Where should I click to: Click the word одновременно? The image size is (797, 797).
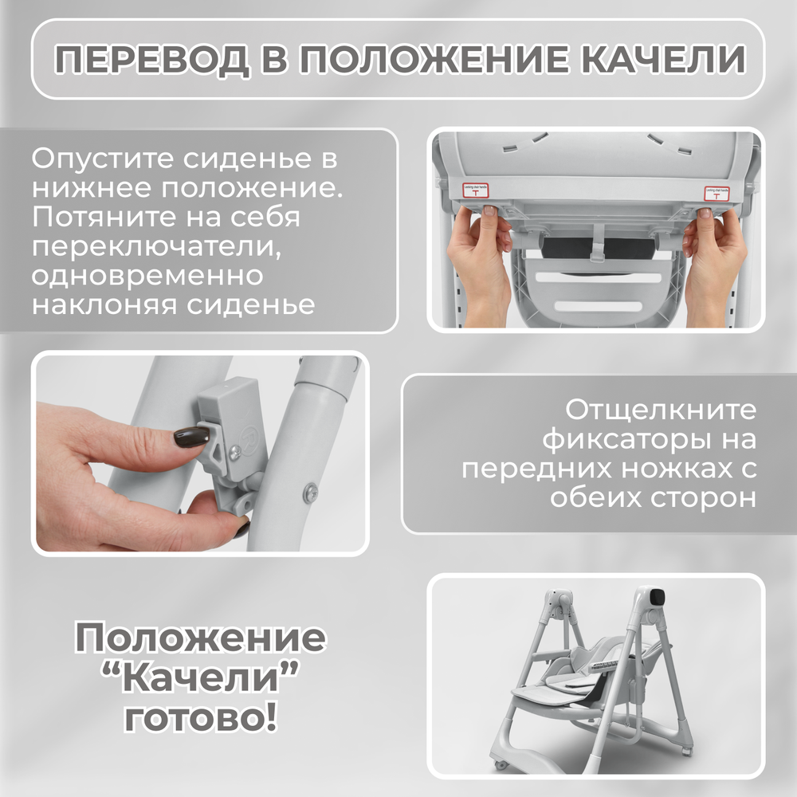(147, 277)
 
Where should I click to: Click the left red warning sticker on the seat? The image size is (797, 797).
(477, 191)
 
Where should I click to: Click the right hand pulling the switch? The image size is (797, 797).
(713, 259)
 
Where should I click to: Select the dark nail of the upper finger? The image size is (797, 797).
(191, 436)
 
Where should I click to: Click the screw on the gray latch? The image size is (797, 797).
(235, 452)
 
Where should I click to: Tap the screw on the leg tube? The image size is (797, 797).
(311, 489)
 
